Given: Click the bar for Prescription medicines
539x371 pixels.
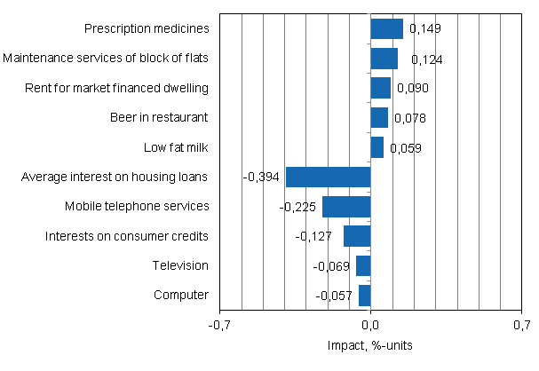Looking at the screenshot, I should coord(386,29).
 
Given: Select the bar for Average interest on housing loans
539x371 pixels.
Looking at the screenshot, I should coord(328,177).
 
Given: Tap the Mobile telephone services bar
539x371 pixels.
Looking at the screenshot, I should coord(346,207).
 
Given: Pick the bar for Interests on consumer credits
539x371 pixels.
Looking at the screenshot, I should coord(357,236).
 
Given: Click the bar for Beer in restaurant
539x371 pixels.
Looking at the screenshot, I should coord(379,118).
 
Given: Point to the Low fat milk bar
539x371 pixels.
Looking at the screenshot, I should coord(377,147).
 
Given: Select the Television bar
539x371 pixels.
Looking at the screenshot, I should coord(363,265).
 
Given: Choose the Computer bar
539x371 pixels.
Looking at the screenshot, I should coord(364,295).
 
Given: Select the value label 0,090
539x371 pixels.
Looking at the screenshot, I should coord(413,89).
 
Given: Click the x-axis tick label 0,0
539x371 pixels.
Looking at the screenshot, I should coord(370,325).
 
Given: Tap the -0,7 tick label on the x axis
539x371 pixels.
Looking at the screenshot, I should coord(219,325).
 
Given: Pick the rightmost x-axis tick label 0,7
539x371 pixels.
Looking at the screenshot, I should coord(520,325).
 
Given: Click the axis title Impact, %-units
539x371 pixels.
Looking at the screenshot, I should coord(370,344).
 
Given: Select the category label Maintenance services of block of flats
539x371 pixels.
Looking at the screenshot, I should coord(106,59).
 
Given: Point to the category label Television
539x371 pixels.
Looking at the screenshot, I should coord(180,265).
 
